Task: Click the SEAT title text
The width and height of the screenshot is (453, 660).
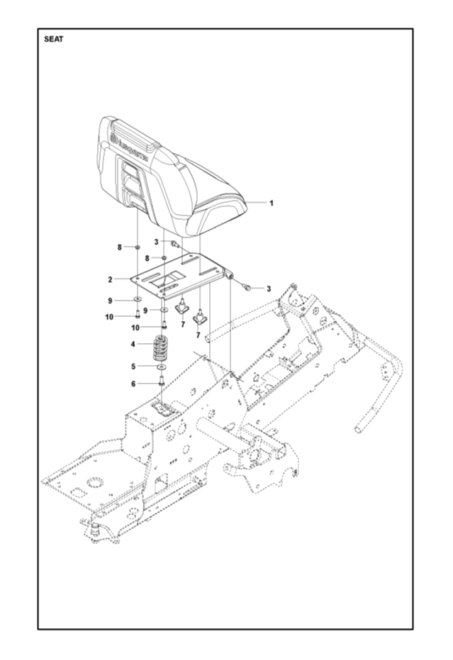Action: click(54, 40)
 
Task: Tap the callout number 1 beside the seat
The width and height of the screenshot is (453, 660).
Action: click(271, 203)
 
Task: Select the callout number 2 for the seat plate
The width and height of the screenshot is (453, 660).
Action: click(111, 279)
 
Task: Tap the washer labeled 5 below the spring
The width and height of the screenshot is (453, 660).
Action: click(162, 367)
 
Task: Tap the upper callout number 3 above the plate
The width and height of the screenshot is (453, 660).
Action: click(156, 242)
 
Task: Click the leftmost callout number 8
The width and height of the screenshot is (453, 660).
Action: click(120, 247)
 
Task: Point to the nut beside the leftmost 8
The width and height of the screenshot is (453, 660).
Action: click(135, 247)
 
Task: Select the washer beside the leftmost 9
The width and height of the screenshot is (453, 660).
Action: click(135, 301)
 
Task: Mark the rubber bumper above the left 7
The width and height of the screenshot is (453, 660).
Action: click(181, 307)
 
